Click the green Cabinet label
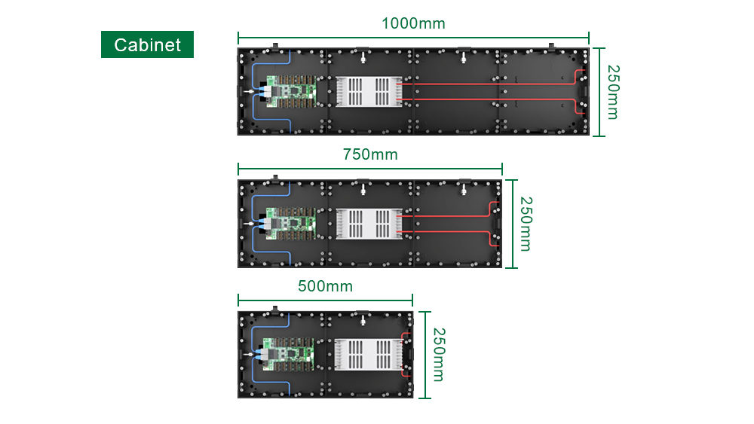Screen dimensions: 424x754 tap(147, 44)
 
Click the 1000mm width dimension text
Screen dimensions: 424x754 tap(413, 23)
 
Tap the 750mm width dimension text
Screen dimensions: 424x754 tap(369, 154)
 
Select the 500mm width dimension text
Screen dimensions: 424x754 tap(325, 286)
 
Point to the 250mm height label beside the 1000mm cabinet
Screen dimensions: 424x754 tap(611, 92)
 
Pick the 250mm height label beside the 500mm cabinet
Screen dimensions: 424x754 tap(438, 355)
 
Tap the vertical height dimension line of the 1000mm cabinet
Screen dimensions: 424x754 tap(599, 92)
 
